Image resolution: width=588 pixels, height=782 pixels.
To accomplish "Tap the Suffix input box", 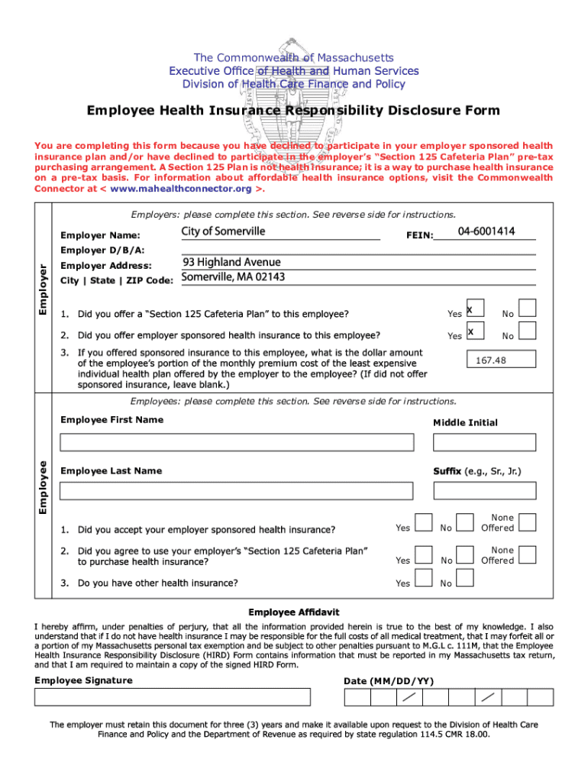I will pos(483,493).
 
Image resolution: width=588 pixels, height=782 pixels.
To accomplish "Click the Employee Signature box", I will pos(172,697).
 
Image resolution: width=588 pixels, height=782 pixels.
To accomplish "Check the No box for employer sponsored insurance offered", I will pos(527,330).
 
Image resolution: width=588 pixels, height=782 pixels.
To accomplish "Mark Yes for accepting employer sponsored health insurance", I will pos(423,522).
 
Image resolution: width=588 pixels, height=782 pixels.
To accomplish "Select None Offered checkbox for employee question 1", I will pos(527,522).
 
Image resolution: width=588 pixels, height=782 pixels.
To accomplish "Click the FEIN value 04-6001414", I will pos(486,231).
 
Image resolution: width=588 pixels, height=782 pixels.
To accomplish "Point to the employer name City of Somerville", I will pos(224,231).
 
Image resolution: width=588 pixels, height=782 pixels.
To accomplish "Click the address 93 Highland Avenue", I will pos(231,262).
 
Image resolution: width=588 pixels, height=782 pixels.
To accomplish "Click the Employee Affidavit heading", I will pos(294,612).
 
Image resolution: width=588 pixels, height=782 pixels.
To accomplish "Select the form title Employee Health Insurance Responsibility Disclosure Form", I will pos(293,111).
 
